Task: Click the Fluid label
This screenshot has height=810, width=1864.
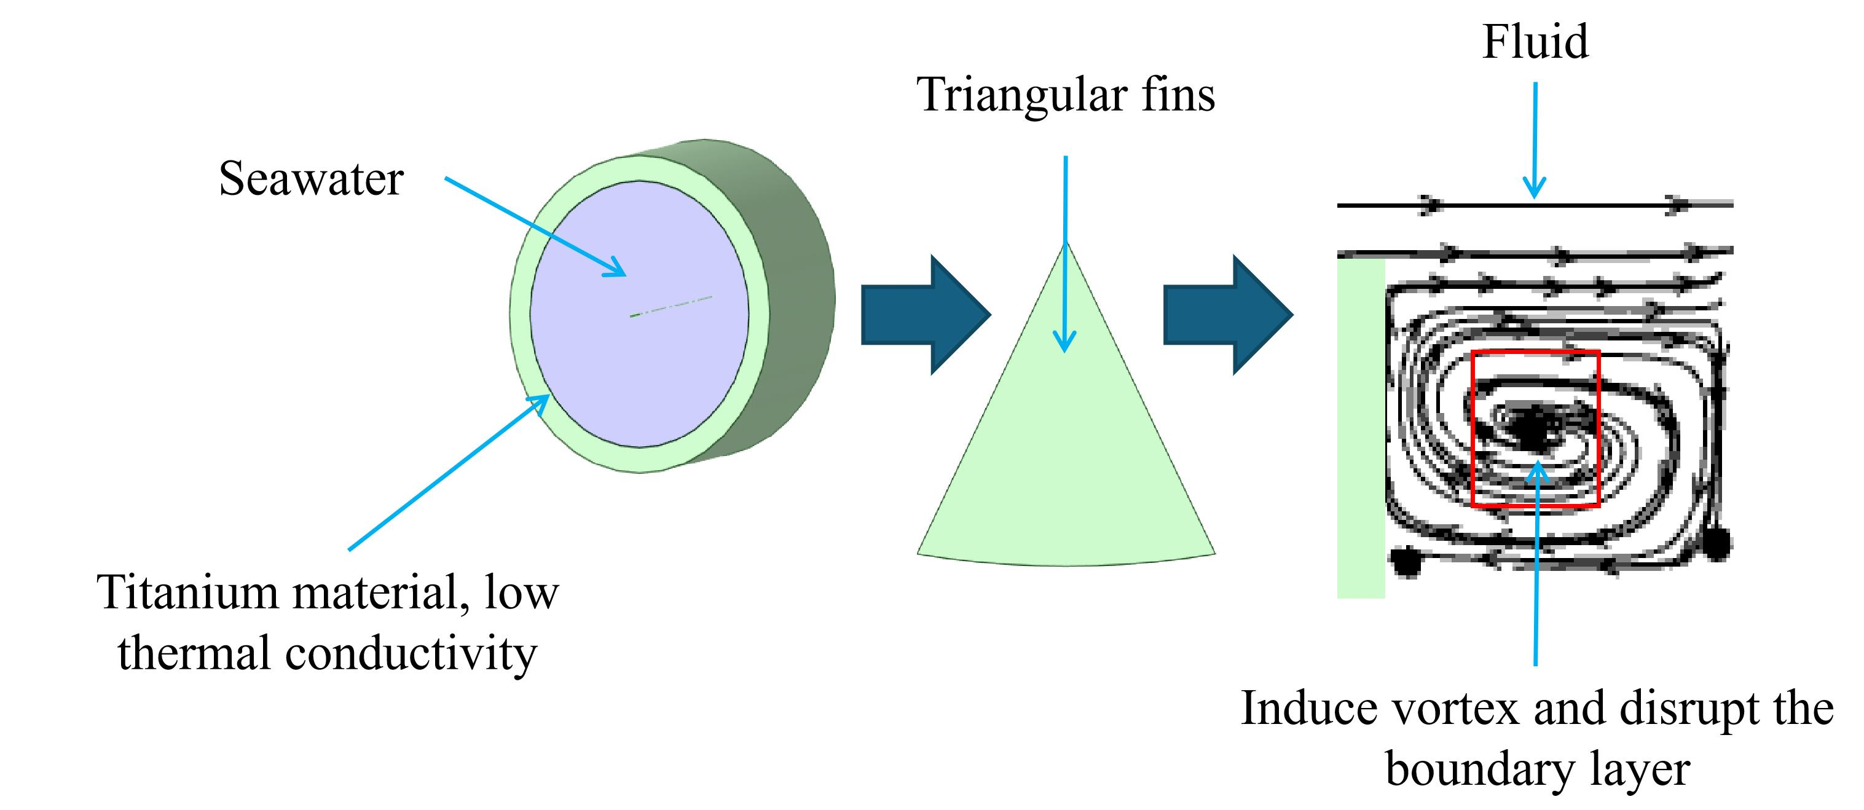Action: tap(1535, 41)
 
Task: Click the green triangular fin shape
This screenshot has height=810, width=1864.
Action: tap(1066, 449)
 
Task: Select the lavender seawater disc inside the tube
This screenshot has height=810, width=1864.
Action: tap(639, 314)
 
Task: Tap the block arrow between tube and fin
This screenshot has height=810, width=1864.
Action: tap(926, 315)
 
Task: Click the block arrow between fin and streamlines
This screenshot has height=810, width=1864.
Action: tap(1228, 315)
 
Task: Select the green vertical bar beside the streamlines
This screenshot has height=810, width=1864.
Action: tap(1361, 428)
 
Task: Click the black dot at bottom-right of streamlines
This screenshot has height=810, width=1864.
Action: tap(1717, 543)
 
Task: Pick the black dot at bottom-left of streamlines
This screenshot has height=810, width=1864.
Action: tap(1406, 562)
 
